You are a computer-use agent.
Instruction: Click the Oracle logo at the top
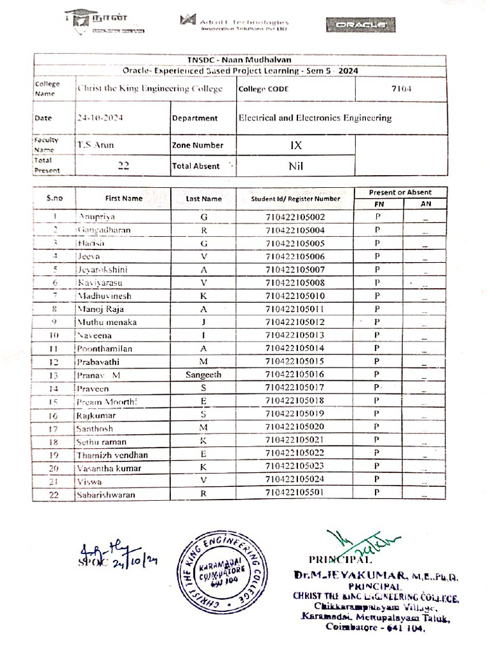(360, 25)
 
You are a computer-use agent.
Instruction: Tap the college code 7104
(401, 89)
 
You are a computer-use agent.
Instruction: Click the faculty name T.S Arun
(95, 145)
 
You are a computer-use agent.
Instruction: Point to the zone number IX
(295, 145)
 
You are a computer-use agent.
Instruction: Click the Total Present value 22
(123, 166)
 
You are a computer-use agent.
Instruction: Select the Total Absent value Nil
(295, 166)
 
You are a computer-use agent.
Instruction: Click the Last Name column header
(203, 199)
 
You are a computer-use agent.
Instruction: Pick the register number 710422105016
(295, 375)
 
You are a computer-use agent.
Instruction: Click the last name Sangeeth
(203, 375)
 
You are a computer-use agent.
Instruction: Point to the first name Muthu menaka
(107, 322)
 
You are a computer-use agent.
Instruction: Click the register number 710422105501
(295, 493)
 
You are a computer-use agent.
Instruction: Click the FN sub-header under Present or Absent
(378, 204)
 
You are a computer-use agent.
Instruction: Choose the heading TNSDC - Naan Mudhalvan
(240, 60)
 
